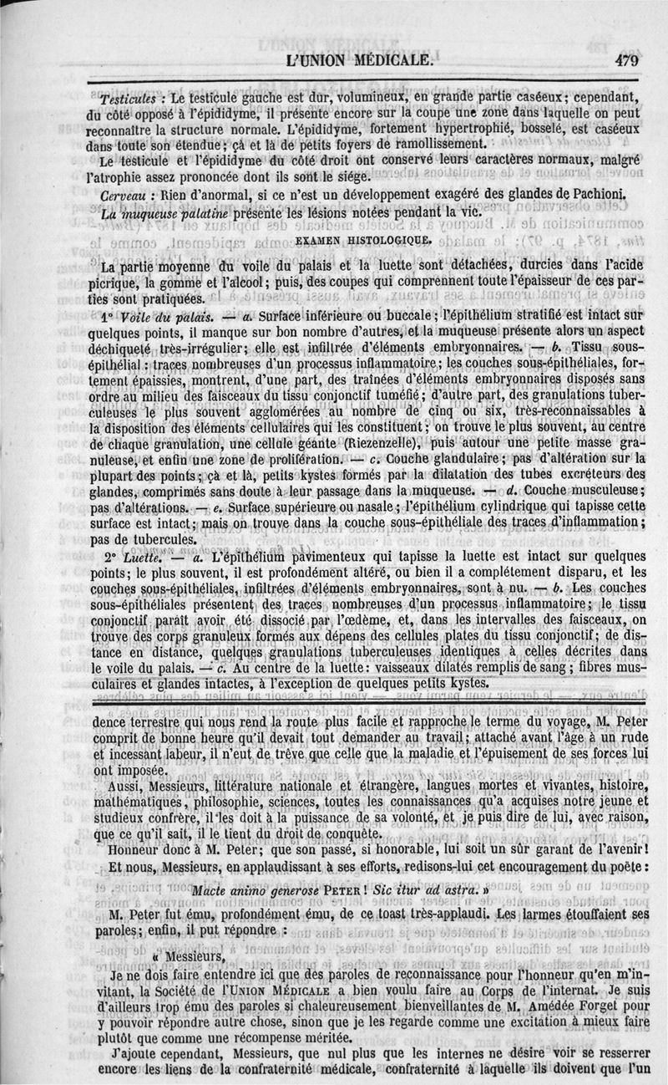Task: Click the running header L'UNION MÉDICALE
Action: pos(359,60)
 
